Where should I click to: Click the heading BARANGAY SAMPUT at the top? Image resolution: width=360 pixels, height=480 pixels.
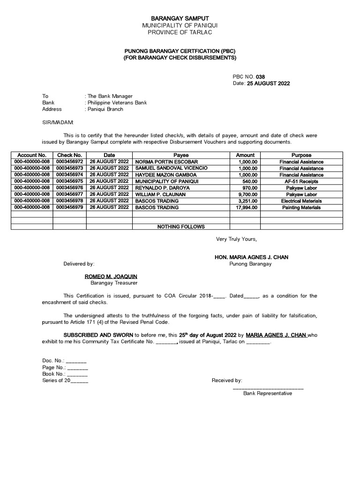180,18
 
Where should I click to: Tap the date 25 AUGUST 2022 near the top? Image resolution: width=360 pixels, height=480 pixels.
268,83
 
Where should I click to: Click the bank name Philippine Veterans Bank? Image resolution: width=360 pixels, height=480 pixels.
117,103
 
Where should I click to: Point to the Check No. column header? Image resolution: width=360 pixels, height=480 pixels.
69,155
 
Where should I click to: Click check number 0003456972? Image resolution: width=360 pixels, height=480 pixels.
69,162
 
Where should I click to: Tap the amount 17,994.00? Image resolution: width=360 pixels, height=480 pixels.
246,207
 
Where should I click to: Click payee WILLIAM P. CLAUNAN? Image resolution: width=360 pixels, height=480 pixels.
160,194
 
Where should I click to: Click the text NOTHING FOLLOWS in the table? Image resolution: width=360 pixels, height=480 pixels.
181,227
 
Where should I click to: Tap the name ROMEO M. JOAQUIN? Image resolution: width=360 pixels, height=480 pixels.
111,277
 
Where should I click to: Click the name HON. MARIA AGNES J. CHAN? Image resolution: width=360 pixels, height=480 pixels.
251,257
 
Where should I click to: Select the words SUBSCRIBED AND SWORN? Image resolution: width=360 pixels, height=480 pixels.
98,335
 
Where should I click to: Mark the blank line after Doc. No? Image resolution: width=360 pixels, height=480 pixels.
76,361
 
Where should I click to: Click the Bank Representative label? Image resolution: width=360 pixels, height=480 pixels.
267,393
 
